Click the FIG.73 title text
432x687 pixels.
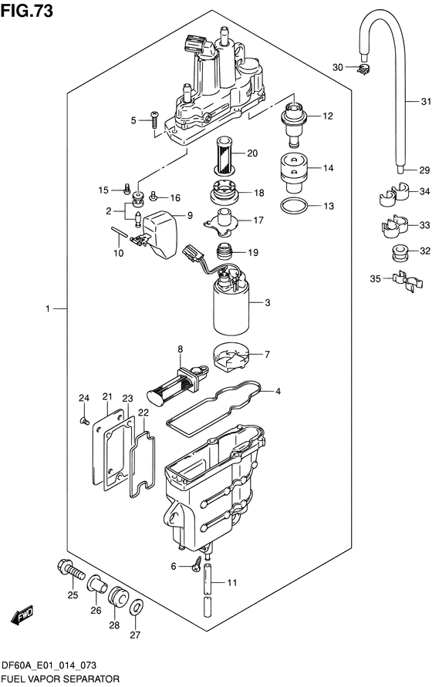(27, 11)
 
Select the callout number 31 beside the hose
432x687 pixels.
(426, 102)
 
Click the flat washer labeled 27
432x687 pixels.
(136, 608)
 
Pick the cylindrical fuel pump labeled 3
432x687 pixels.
(231, 307)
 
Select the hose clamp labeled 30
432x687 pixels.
(363, 69)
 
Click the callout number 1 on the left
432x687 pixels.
(48, 309)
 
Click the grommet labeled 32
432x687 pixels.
(400, 253)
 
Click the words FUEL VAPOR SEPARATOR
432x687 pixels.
(60, 679)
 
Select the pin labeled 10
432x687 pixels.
(119, 231)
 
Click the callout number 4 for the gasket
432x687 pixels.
(278, 391)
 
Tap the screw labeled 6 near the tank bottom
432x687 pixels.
(197, 563)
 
